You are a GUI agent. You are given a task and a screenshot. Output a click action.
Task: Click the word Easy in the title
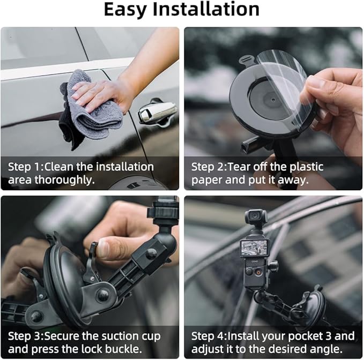coord(125,10)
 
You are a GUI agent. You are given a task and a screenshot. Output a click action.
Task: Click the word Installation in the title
coord(206,9)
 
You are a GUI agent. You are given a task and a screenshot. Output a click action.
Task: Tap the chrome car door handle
coord(158,112)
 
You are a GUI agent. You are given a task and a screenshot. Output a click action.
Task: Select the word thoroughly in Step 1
coord(64,180)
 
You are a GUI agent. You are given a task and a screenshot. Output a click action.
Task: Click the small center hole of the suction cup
coord(273,100)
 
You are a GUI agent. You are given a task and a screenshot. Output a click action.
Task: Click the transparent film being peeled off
coord(286,86)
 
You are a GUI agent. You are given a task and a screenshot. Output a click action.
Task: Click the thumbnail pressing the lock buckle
coord(102,247)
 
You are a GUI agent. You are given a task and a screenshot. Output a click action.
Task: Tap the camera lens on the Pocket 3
coord(255,216)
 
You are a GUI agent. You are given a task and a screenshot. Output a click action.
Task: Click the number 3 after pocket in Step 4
coord(328,336)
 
